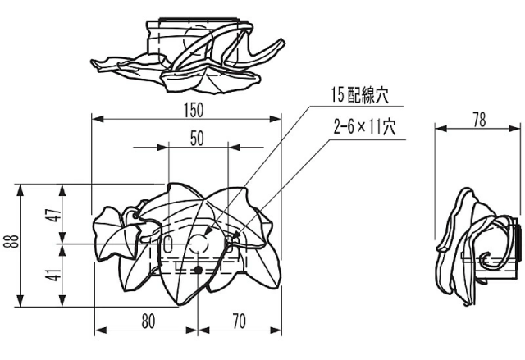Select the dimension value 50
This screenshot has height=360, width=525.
197,139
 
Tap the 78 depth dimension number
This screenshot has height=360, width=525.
479,119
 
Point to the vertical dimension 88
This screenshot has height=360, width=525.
10,242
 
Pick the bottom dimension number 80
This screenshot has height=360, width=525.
148,321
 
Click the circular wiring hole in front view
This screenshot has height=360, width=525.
199,244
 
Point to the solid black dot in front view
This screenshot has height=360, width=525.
198,269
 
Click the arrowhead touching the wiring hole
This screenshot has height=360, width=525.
206,235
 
